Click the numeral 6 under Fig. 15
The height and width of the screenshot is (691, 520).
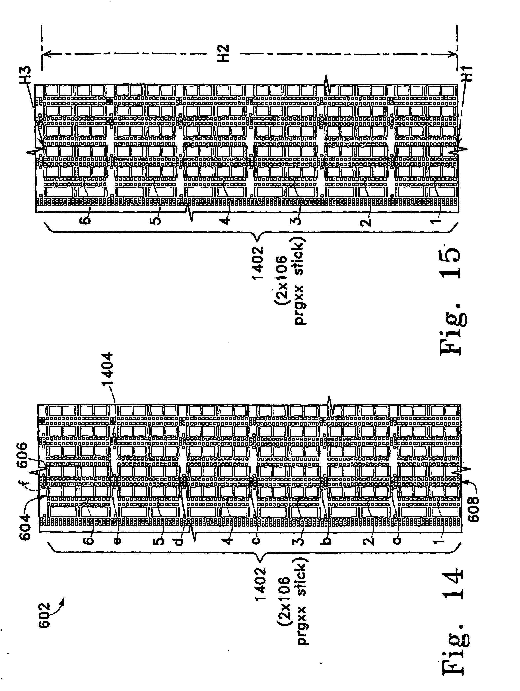coord(87,219)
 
